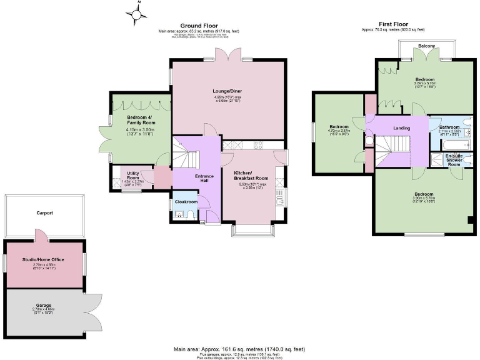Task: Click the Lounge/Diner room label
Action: pos(227,91)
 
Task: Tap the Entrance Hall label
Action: pos(204,179)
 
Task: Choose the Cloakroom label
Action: pos(186,202)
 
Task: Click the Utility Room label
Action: pos(132,175)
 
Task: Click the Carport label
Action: pos(44,213)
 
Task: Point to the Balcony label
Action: pos(427,46)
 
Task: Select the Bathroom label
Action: pos(449,127)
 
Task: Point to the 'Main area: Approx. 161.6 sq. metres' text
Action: pos(239,349)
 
